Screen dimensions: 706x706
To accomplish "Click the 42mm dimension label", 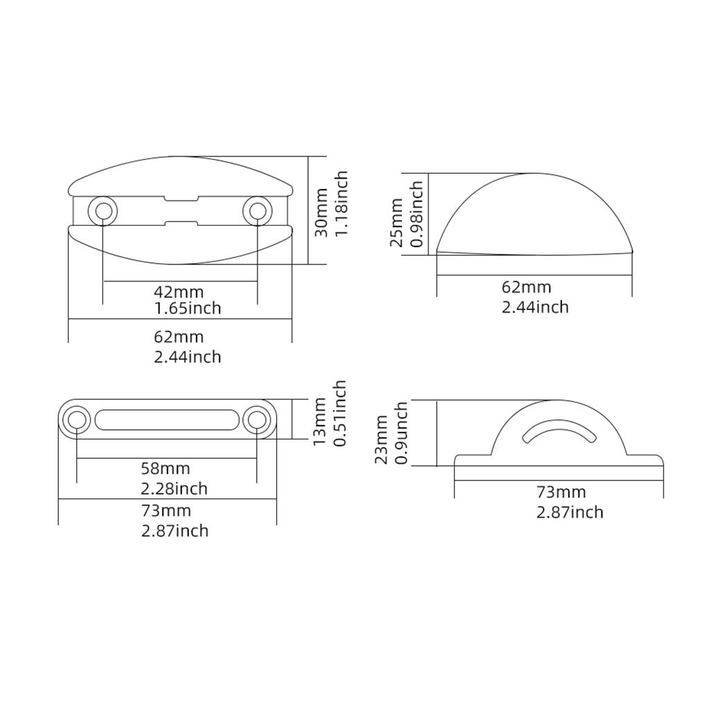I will click(179, 292).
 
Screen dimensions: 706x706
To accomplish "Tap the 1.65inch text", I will click(187, 309).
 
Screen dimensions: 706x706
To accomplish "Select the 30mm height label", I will click(322, 211).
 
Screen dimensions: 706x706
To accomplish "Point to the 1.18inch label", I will click(341, 204).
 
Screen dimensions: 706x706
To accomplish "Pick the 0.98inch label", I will click(417, 214).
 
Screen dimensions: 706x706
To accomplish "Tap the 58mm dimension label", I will click(165, 470).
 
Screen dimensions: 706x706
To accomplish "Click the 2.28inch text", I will click(174, 489).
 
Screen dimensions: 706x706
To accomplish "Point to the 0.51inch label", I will click(339, 413).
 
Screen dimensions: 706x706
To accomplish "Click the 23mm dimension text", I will click(381, 440).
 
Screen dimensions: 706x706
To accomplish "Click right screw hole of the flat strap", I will click(257, 420).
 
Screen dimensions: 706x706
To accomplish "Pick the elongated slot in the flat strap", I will click(166, 420).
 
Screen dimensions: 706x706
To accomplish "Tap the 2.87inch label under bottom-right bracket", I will click(570, 512).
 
